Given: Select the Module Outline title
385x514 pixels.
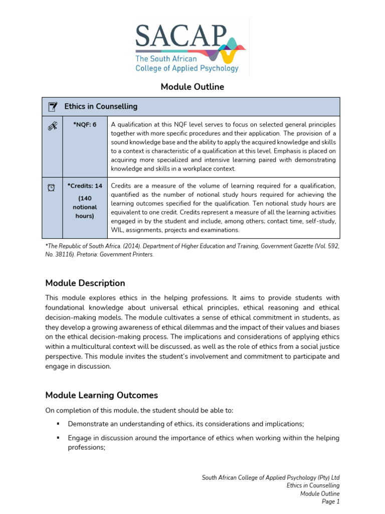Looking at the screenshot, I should (x=192, y=87).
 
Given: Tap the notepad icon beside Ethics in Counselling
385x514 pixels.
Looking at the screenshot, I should (x=52, y=106).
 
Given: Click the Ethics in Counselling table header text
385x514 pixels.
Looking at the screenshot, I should (x=101, y=106).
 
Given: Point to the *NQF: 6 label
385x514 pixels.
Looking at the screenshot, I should (x=85, y=124).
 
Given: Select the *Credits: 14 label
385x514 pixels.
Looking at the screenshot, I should (x=85, y=186).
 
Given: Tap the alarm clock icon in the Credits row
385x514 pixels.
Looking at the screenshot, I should (x=52, y=187).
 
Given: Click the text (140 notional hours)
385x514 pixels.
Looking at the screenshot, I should (x=85, y=207).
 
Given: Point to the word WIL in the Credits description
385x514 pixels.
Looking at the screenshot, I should (x=117, y=230).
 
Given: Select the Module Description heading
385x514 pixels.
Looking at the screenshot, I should (x=85, y=283).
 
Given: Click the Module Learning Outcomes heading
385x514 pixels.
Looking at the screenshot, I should (x=101, y=395).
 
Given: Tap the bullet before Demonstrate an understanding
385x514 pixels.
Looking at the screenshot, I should (x=59, y=423).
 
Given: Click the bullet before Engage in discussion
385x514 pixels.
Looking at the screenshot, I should (x=59, y=438).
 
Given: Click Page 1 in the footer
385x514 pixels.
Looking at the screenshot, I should (x=330, y=501).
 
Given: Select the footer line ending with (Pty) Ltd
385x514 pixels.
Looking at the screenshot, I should (x=271, y=477).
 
